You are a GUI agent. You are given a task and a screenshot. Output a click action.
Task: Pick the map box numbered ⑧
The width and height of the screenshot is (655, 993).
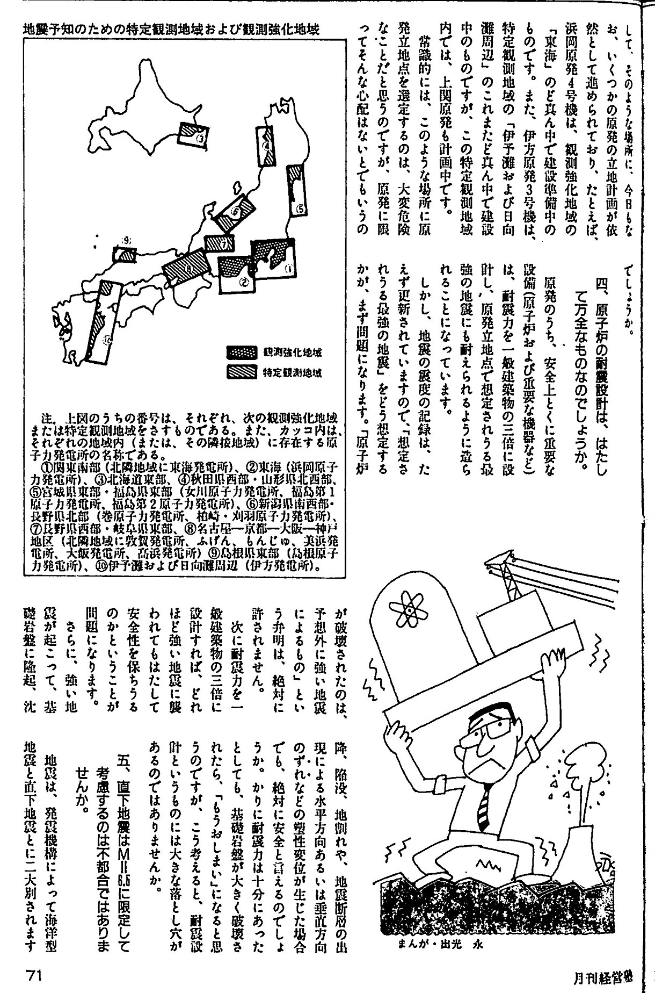point(185,267)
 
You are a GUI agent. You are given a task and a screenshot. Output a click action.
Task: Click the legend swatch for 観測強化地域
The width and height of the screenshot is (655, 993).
point(244,352)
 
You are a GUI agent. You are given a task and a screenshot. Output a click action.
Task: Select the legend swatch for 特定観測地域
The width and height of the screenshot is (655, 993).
point(244,370)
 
